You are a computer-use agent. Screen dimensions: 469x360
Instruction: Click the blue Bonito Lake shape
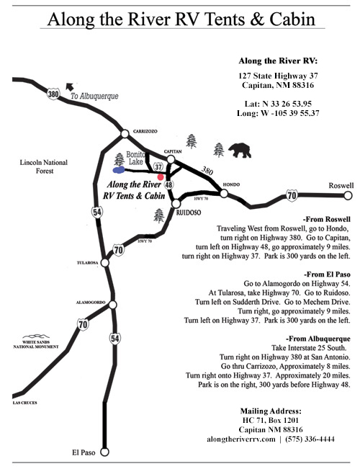pyautogui.click(x=113, y=171)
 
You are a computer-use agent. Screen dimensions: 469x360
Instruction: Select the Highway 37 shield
pyautogui.click(x=159, y=168)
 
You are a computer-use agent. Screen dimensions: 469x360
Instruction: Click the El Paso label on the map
pyautogui.click(x=84, y=452)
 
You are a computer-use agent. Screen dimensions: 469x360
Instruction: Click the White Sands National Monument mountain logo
pyautogui.click(x=31, y=336)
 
